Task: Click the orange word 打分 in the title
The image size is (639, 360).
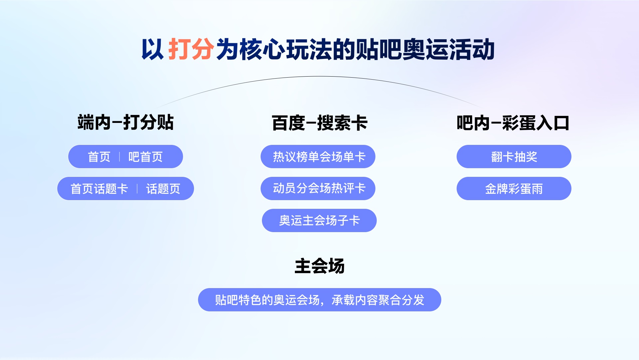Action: click(x=191, y=49)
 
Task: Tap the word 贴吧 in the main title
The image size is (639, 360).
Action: click(x=378, y=49)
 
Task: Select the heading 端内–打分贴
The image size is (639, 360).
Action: click(x=125, y=122)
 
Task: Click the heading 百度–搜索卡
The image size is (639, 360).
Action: click(x=319, y=123)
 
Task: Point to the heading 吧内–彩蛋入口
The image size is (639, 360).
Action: click(x=513, y=123)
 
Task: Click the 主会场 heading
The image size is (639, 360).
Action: click(x=319, y=266)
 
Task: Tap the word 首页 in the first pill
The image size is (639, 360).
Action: click(x=99, y=157)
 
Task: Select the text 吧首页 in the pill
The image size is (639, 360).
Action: click(x=145, y=157)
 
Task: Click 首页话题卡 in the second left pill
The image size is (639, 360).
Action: click(x=99, y=189)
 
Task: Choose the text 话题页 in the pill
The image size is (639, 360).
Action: click(x=163, y=189)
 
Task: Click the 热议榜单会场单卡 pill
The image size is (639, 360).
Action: click(x=318, y=157)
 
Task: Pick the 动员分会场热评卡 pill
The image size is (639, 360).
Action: click(x=318, y=188)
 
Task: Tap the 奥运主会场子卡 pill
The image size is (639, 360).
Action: click(x=319, y=220)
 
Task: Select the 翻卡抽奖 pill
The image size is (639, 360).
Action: click(x=514, y=157)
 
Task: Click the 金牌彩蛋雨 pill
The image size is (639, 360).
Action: click(x=514, y=188)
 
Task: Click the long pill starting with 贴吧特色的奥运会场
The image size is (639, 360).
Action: click(x=319, y=300)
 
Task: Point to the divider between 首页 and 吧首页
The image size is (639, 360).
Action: click(x=119, y=157)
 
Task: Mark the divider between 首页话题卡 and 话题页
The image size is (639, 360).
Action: click(x=137, y=189)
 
